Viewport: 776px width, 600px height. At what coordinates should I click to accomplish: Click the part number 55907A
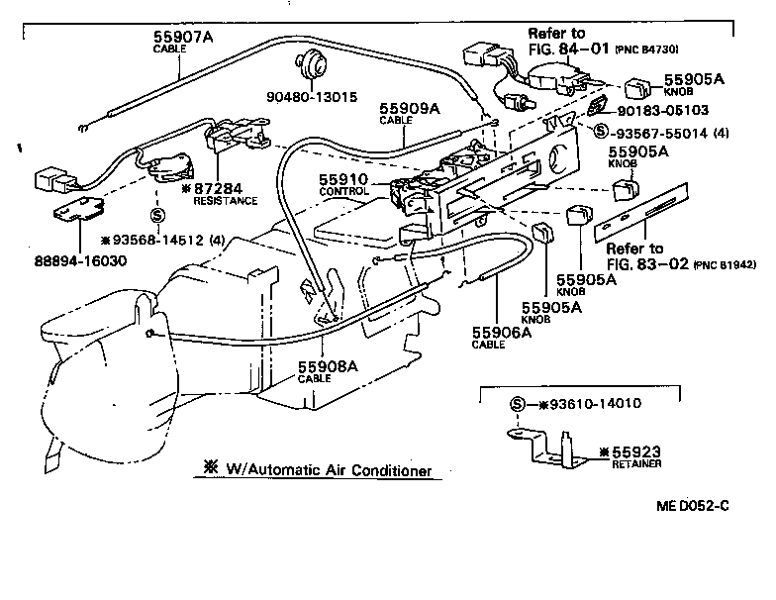[184, 37]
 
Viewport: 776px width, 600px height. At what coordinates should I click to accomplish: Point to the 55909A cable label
[411, 109]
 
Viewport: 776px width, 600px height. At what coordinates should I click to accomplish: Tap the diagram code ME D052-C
[691, 506]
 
